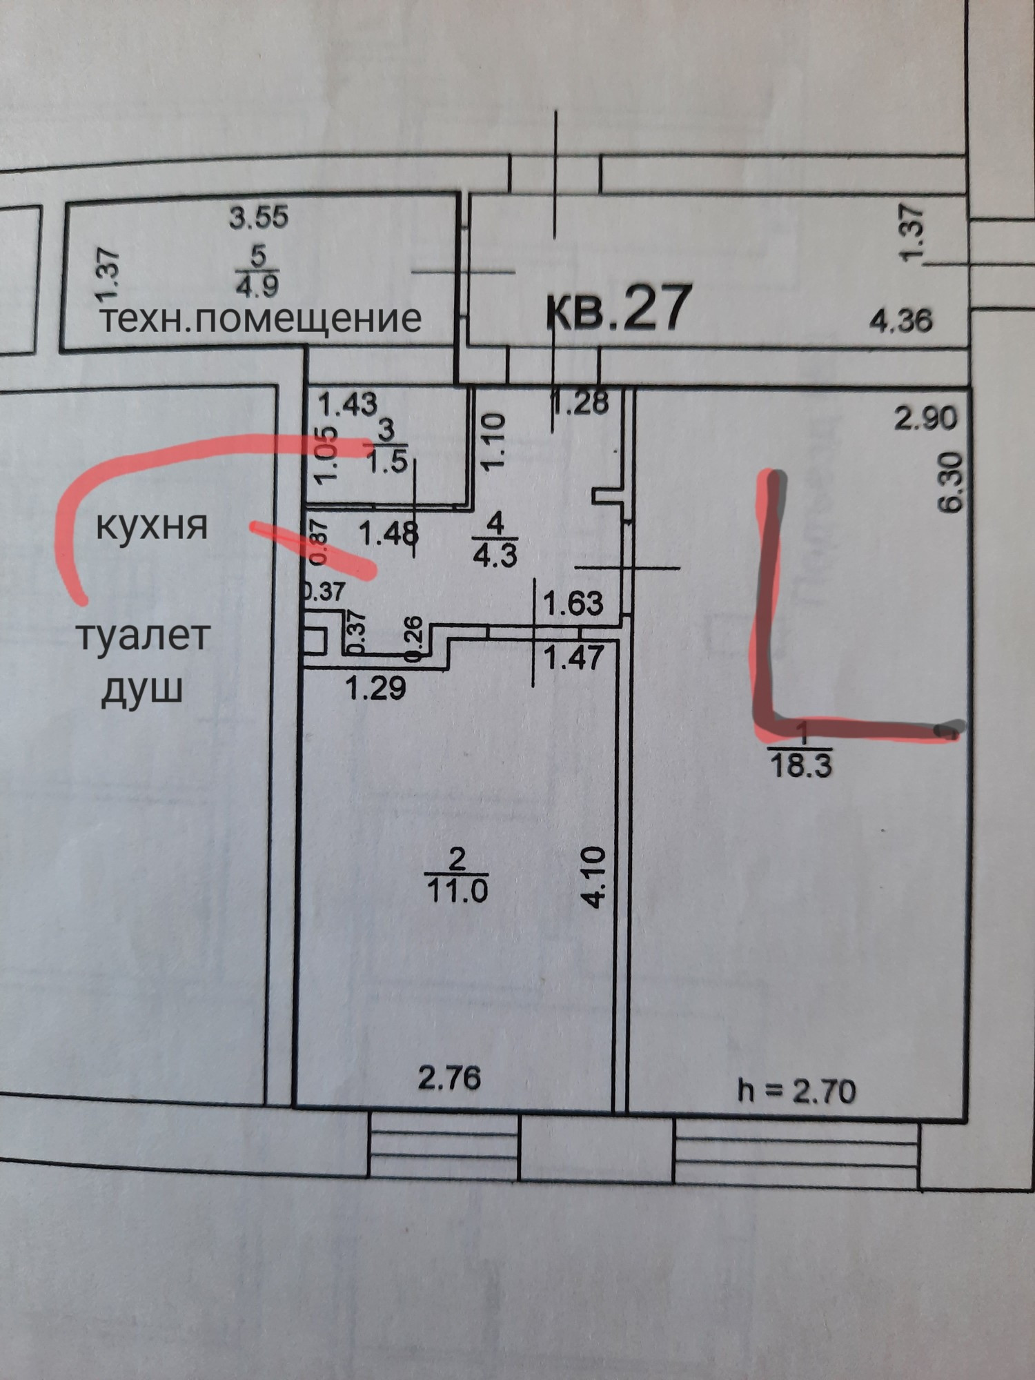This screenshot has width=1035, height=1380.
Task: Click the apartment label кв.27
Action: [x=618, y=308]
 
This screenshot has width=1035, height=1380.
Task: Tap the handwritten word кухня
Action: [x=151, y=526]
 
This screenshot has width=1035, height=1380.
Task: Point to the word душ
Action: [x=141, y=689]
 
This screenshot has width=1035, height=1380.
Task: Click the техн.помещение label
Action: [x=260, y=319]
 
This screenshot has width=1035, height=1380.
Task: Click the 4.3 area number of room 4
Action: [x=495, y=554]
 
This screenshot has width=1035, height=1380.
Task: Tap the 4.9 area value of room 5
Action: [x=257, y=285]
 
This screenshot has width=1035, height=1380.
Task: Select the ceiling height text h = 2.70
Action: [x=796, y=1091]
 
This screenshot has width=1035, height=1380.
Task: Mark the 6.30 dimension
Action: [x=951, y=481]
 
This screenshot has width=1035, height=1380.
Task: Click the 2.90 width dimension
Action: [x=926, y=419]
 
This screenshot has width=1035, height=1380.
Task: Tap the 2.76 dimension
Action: [x=449, y=1078]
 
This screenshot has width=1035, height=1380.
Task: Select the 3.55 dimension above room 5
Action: [x=259, y=218]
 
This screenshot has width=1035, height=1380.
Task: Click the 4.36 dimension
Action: [x=900, y=320]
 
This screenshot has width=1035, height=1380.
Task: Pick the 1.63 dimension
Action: [x=573, y=604]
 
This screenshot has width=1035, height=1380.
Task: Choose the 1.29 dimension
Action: [x=376, y=688]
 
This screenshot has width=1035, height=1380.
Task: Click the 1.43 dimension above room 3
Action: [x=348, y=404]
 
